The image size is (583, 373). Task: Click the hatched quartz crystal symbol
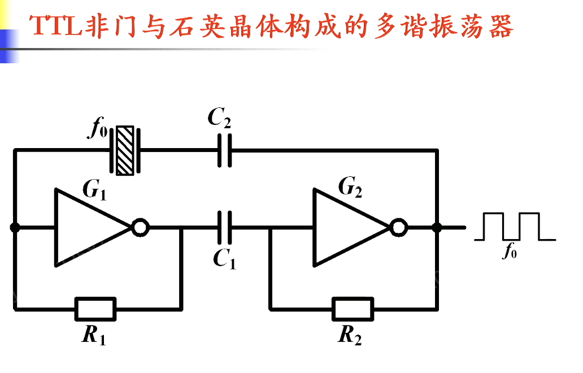click(x=125, y=150)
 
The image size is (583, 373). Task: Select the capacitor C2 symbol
click(x=225, y=150)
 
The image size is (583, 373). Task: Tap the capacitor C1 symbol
click(x=225, y=228)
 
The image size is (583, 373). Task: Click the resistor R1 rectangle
click(x=95, y=309)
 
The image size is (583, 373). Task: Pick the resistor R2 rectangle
click(x=353, y=309)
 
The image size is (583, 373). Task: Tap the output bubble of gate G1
click(x=140, y=228)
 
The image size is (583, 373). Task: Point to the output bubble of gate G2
click(x=399, y=228)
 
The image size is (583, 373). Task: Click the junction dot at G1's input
click(x=15, y=228)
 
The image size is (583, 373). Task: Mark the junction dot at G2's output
click(x=437, y=228)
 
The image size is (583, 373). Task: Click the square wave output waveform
click(x=512, y=227)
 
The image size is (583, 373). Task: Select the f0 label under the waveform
click(x=510, y=251)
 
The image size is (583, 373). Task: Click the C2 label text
click(x=219, y=118)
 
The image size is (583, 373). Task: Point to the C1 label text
click(x=224, y=259)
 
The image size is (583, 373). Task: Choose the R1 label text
click(x=94, y=336)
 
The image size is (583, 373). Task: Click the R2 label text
click(x=350, y=336)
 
